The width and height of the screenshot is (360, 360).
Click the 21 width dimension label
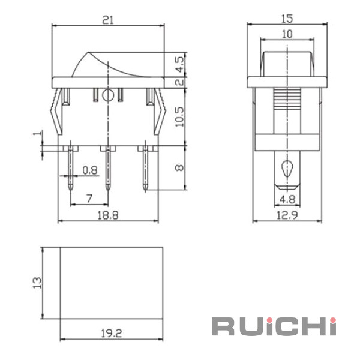pos(108,20)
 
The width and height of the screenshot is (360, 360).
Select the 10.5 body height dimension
pos(179,116)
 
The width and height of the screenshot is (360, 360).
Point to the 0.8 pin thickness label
pos(90,170)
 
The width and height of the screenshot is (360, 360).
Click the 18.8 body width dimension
pos(108,215)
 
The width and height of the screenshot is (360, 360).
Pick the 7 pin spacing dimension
pos(89,198)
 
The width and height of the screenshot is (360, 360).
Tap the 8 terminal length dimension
pos(179,168)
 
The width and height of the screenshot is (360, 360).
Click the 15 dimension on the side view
pos(287,19)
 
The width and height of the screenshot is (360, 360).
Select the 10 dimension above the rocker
pos(287,34)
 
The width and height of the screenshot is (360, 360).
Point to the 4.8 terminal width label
pos(287,199)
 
